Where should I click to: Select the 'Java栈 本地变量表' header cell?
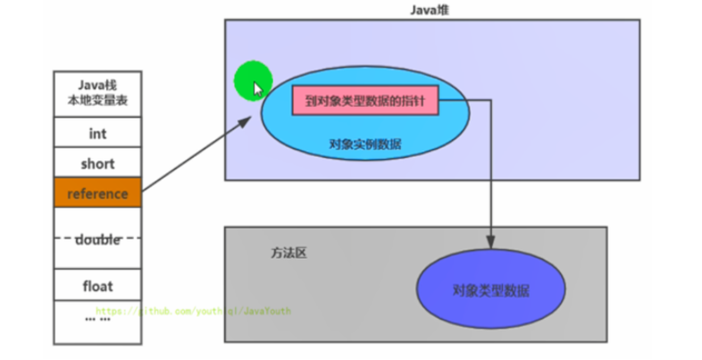tap(97, 94)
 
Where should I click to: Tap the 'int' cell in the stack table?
tap(97, 133)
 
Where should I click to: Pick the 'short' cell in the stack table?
tap(97, 163)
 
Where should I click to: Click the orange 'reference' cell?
tap(97, 193)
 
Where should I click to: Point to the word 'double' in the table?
tap(97, 239)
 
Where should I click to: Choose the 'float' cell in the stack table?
tap(97, 287)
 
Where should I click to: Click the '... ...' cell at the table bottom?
tap(97, 317)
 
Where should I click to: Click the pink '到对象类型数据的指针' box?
tap(364, 102)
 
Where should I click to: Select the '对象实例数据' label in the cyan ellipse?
tap(364, 143)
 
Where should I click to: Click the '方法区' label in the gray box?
tap(288, 253)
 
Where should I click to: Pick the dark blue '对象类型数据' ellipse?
tap(490, 290)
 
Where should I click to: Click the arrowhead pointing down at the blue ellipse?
tap(490, 241)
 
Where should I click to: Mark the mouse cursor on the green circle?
tap(257, 88)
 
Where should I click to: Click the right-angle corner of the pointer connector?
tap(490, 102)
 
